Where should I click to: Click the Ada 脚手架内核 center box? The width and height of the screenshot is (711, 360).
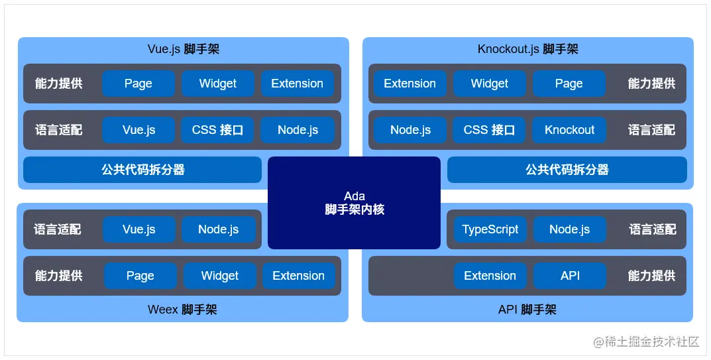coord(354,202)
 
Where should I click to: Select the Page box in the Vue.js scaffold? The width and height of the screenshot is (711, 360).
coord(138,84)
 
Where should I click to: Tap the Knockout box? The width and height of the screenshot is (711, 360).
coord(569,130)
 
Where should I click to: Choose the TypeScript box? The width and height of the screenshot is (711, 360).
coord(490,229)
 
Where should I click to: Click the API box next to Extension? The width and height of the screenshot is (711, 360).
coord(570,276)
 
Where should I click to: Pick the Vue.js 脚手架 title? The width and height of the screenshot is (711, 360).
coord(184,49)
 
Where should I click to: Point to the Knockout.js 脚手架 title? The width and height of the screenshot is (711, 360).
coord(528,49)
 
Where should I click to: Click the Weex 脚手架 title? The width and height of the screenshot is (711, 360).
coord(182,310)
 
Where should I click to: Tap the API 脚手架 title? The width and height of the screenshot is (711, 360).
coord(527,310)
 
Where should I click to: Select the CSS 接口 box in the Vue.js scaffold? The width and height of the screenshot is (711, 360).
coord(217,130)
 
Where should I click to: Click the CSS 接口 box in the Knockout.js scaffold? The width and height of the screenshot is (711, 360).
coord(489,130)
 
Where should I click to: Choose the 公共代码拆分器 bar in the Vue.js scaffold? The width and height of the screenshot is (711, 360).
coord(142,170)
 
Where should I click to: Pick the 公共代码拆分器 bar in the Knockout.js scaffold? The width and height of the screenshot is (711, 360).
coord(567,170)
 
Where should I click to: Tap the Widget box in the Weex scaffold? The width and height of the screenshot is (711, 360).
coord(220,276)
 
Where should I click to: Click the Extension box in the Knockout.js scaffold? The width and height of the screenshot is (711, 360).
coord(410,84)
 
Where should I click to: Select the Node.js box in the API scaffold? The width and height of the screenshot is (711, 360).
coord(569,229)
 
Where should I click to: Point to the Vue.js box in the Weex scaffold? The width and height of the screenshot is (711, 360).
coord(138,229)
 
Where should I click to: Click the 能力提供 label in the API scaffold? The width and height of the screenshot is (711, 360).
coord(651,276)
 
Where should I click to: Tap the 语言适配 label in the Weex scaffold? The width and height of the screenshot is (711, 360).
coord(58,229)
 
